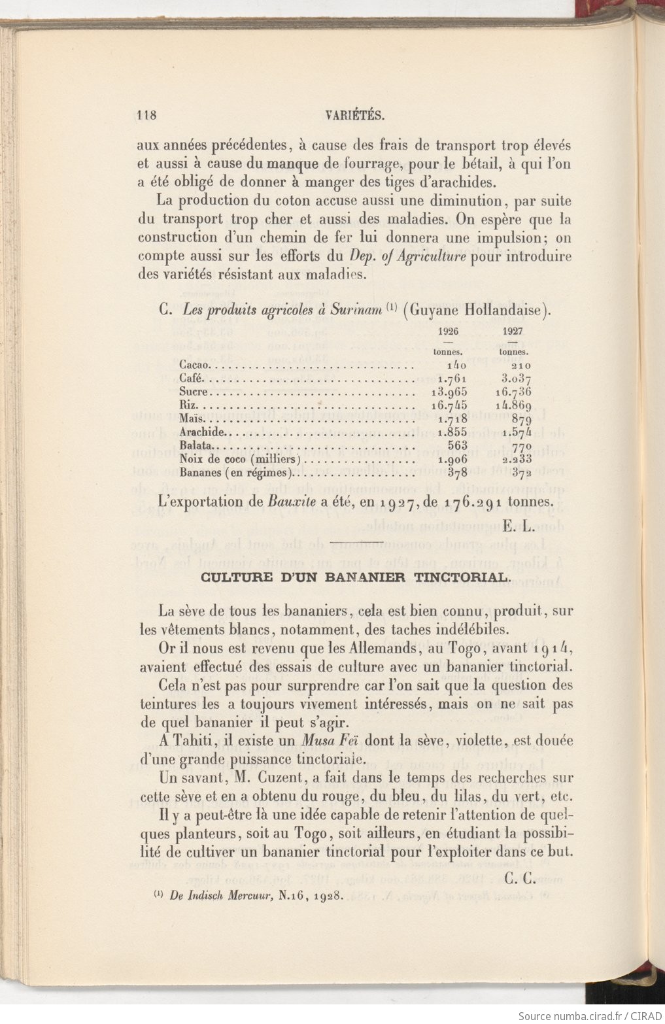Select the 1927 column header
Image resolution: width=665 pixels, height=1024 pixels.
[x=513, y=331]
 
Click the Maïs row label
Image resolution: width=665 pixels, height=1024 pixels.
[x=192, y=418]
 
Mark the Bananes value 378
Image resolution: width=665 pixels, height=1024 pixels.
[x=457, y=473]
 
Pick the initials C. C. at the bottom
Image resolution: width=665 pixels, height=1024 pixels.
[x=520, y=879]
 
